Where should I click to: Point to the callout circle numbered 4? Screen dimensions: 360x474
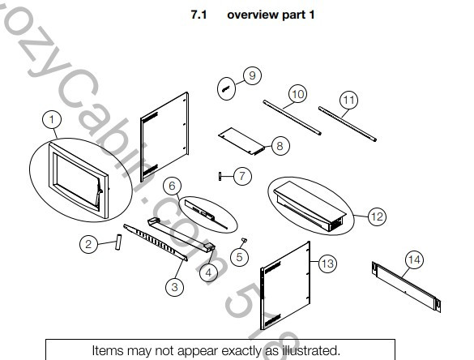click(208, 272)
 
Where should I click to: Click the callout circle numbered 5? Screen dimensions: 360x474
click(238, 256)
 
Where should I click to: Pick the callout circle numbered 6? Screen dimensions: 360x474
click(172, 186)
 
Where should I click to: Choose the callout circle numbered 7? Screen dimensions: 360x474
click(241, 174)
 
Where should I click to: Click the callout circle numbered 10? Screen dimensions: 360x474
click(297, 95)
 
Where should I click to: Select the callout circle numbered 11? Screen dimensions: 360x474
click(348, 100)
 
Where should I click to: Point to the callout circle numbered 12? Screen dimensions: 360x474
click(377, 216)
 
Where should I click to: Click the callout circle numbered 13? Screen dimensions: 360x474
click(327, 263)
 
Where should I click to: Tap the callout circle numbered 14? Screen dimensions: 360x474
click(413, 259)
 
